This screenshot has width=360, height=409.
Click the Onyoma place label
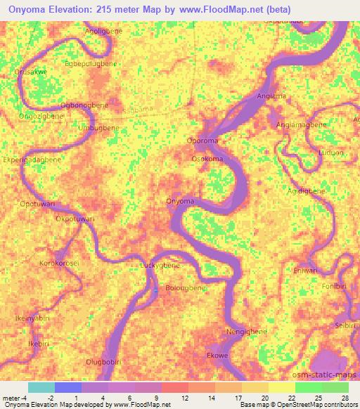point(179,202)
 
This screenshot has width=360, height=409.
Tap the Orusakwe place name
point(31,72)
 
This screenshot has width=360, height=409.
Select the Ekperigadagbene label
point(32,160)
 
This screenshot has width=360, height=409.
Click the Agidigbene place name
point(306,190)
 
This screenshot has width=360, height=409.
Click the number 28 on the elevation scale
point(344,398)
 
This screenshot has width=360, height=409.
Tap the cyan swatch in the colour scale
point(41,387)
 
